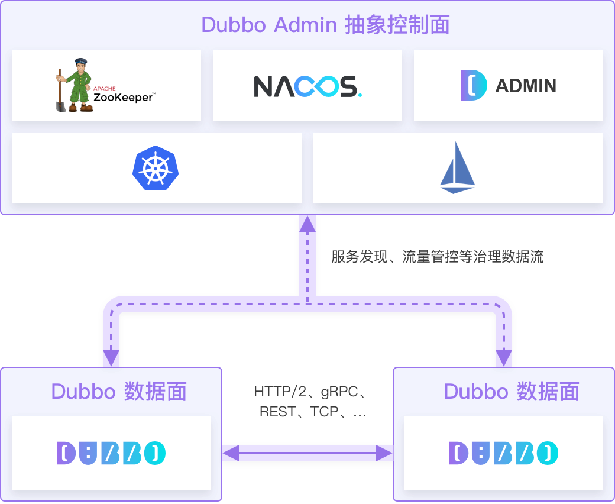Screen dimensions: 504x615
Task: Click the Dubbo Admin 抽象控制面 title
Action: tap(325, 25)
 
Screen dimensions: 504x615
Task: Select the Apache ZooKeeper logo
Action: tap(106, 86)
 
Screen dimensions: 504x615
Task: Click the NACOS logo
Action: tap(307, 86)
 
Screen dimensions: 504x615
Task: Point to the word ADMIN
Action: tap(526, 86)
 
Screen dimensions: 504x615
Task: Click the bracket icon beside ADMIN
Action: tap(474, 86)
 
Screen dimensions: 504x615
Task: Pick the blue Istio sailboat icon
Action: tap(458, 169)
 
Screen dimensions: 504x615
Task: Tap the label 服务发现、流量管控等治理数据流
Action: tap(437, 257)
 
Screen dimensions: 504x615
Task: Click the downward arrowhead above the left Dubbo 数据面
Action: tap(111, 357)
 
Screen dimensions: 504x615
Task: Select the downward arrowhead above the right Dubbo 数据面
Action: tap(504, 357)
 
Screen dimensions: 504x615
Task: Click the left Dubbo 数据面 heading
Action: tap(119, 392)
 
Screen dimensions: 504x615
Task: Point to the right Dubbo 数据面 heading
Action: tap(512, 392)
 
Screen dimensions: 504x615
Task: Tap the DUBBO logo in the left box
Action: tap(111, 453)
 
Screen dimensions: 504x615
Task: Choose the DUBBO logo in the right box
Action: tap(504, 453)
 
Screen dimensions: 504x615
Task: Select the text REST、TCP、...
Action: tap(305, 412)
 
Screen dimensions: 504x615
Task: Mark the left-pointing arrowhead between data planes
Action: tap(231, 453)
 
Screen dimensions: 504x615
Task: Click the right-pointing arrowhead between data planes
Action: tap(384, 453)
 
